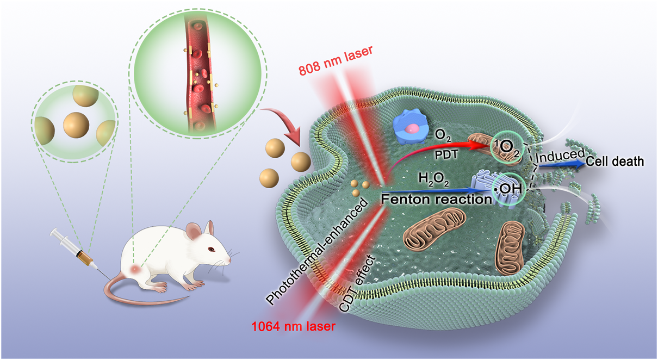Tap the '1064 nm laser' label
tap(293, 326)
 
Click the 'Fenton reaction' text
tap(436, 199)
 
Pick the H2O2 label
tap(432, 178)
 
